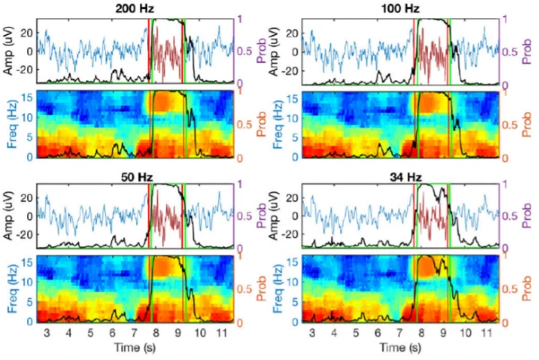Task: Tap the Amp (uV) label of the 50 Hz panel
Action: [x=7, y=215]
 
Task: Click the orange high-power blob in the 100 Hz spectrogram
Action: [x=433, y=103]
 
